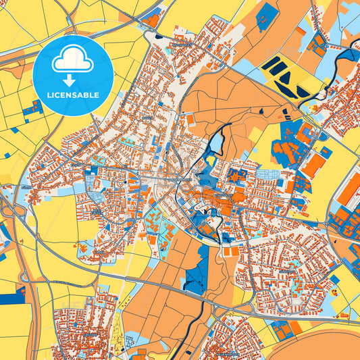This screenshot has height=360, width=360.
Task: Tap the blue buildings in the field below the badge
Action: pos(30,112)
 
